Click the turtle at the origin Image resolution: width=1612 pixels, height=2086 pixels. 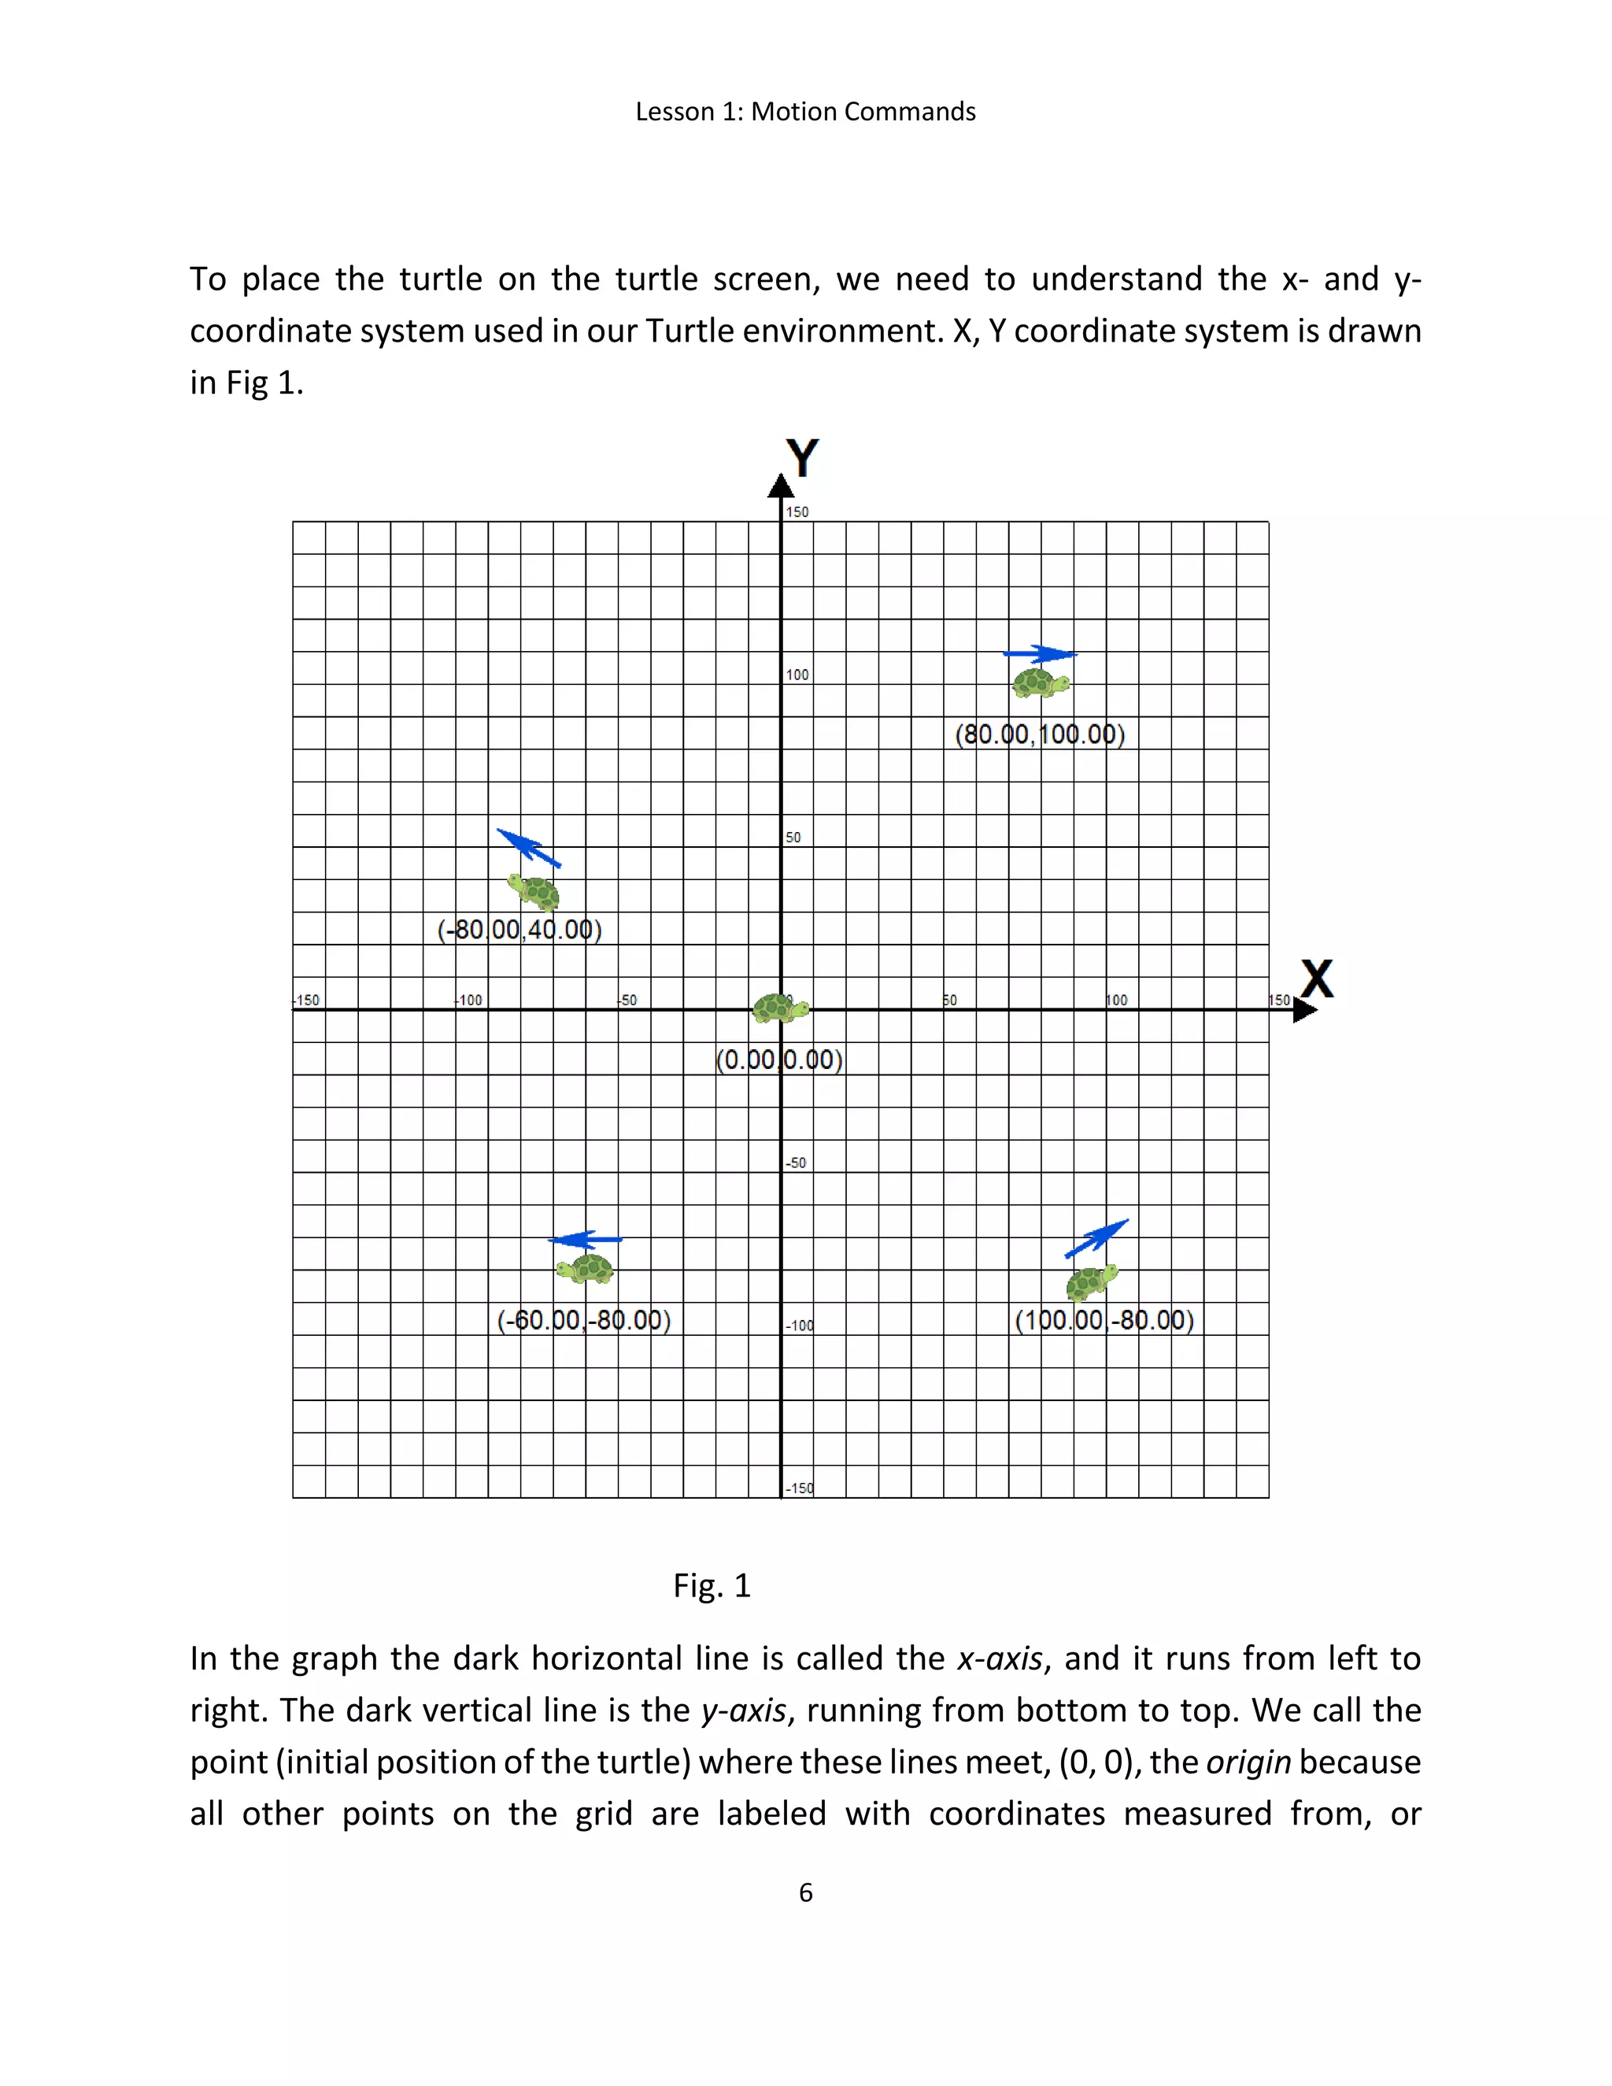[x=780, y=1008]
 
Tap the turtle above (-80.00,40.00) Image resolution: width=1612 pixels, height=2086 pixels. [x=534, y=892]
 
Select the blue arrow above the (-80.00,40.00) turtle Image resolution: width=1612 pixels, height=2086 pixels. [x=528, y=847]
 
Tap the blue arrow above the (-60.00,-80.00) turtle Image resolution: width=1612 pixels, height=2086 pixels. [x=585, y=1240]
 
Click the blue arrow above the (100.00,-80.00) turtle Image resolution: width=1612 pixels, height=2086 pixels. [x=1096, y=1238]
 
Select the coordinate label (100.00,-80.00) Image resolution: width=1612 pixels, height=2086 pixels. [x=1104, y=1320]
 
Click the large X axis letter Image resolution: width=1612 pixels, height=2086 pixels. [x=1317, y=979]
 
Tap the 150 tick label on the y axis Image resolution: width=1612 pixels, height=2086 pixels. [x=797, y=512]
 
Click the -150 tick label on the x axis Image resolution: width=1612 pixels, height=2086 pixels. [x=306, y=1000]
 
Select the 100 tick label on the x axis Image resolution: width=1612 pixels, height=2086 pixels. [x=1116, y=1000]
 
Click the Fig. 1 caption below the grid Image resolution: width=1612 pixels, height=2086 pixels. [x=712, y=1585]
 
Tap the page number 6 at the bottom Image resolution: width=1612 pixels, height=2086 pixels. [x=805, y=1892]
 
